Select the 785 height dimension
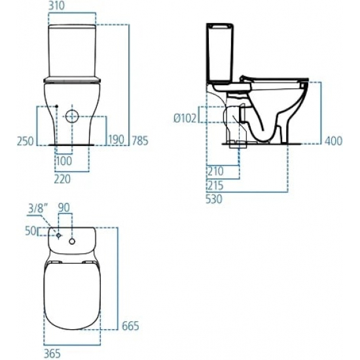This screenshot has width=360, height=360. (139, 139)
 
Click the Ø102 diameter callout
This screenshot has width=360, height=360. (186, 118)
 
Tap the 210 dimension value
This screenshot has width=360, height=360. (215, 171)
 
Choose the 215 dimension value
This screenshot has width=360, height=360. (215, 185)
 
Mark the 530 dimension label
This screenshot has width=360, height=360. (215, 200)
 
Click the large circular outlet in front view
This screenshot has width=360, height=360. (73, 117)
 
